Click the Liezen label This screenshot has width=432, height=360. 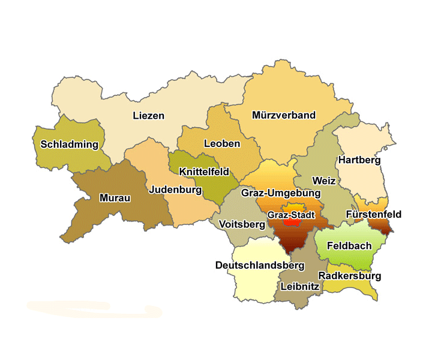[x=148, y=115]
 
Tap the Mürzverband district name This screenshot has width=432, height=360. [x=284, y=115]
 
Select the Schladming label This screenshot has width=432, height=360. [x=69, y=144]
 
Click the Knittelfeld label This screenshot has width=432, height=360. [x=204, y=171]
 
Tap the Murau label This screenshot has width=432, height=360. [x=115, y=198]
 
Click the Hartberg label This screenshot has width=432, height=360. [x=359, y=160]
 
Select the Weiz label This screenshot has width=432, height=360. [x=324, y=180]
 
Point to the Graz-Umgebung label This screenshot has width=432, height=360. [x=281, y=193]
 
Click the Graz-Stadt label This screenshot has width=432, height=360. [x=292, y=214]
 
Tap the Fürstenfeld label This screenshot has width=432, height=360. [x=374, y=214]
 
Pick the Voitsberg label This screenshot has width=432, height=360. [x=242, y=224]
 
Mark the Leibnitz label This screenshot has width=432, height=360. [x=300, y=287]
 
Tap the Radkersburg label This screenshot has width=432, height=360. [x=350, y=276]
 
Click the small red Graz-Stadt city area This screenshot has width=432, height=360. [x=292, y=221]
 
